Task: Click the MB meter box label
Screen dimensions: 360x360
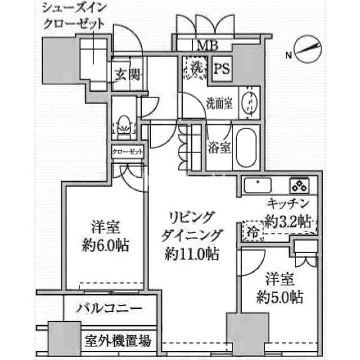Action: click(x=208, y=45)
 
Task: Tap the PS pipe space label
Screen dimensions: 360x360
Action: click(x=221, y=68)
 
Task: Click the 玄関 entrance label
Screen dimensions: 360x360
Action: click(x=128, y=74)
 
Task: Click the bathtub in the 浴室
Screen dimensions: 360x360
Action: click(x=246, y=147)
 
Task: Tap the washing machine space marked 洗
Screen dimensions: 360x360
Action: click(x=196, y=67)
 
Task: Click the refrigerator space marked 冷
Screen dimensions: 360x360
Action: click(x=253, y=231)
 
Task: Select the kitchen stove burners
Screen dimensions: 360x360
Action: click(x=300, y=185)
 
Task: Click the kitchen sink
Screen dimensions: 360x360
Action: click(x=258, y=185)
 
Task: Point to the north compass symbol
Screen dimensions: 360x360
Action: click(x=308, y=49)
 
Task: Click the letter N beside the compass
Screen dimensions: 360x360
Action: click(x=289, y=55)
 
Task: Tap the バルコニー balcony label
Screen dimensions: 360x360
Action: click(x=109, y=309)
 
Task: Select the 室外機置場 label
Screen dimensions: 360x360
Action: click(x=118, y=341)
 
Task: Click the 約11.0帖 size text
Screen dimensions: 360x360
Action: click(x=191, y=254)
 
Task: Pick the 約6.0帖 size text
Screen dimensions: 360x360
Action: click(x=106, y=245)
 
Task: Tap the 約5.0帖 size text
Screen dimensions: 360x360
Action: click(x=280, y=297)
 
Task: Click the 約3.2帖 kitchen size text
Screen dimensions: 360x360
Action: click(x=289, y=222)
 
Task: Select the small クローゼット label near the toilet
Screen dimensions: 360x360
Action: click(x=128, y=151)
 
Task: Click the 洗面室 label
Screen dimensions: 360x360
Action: click(x=219, y=103)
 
